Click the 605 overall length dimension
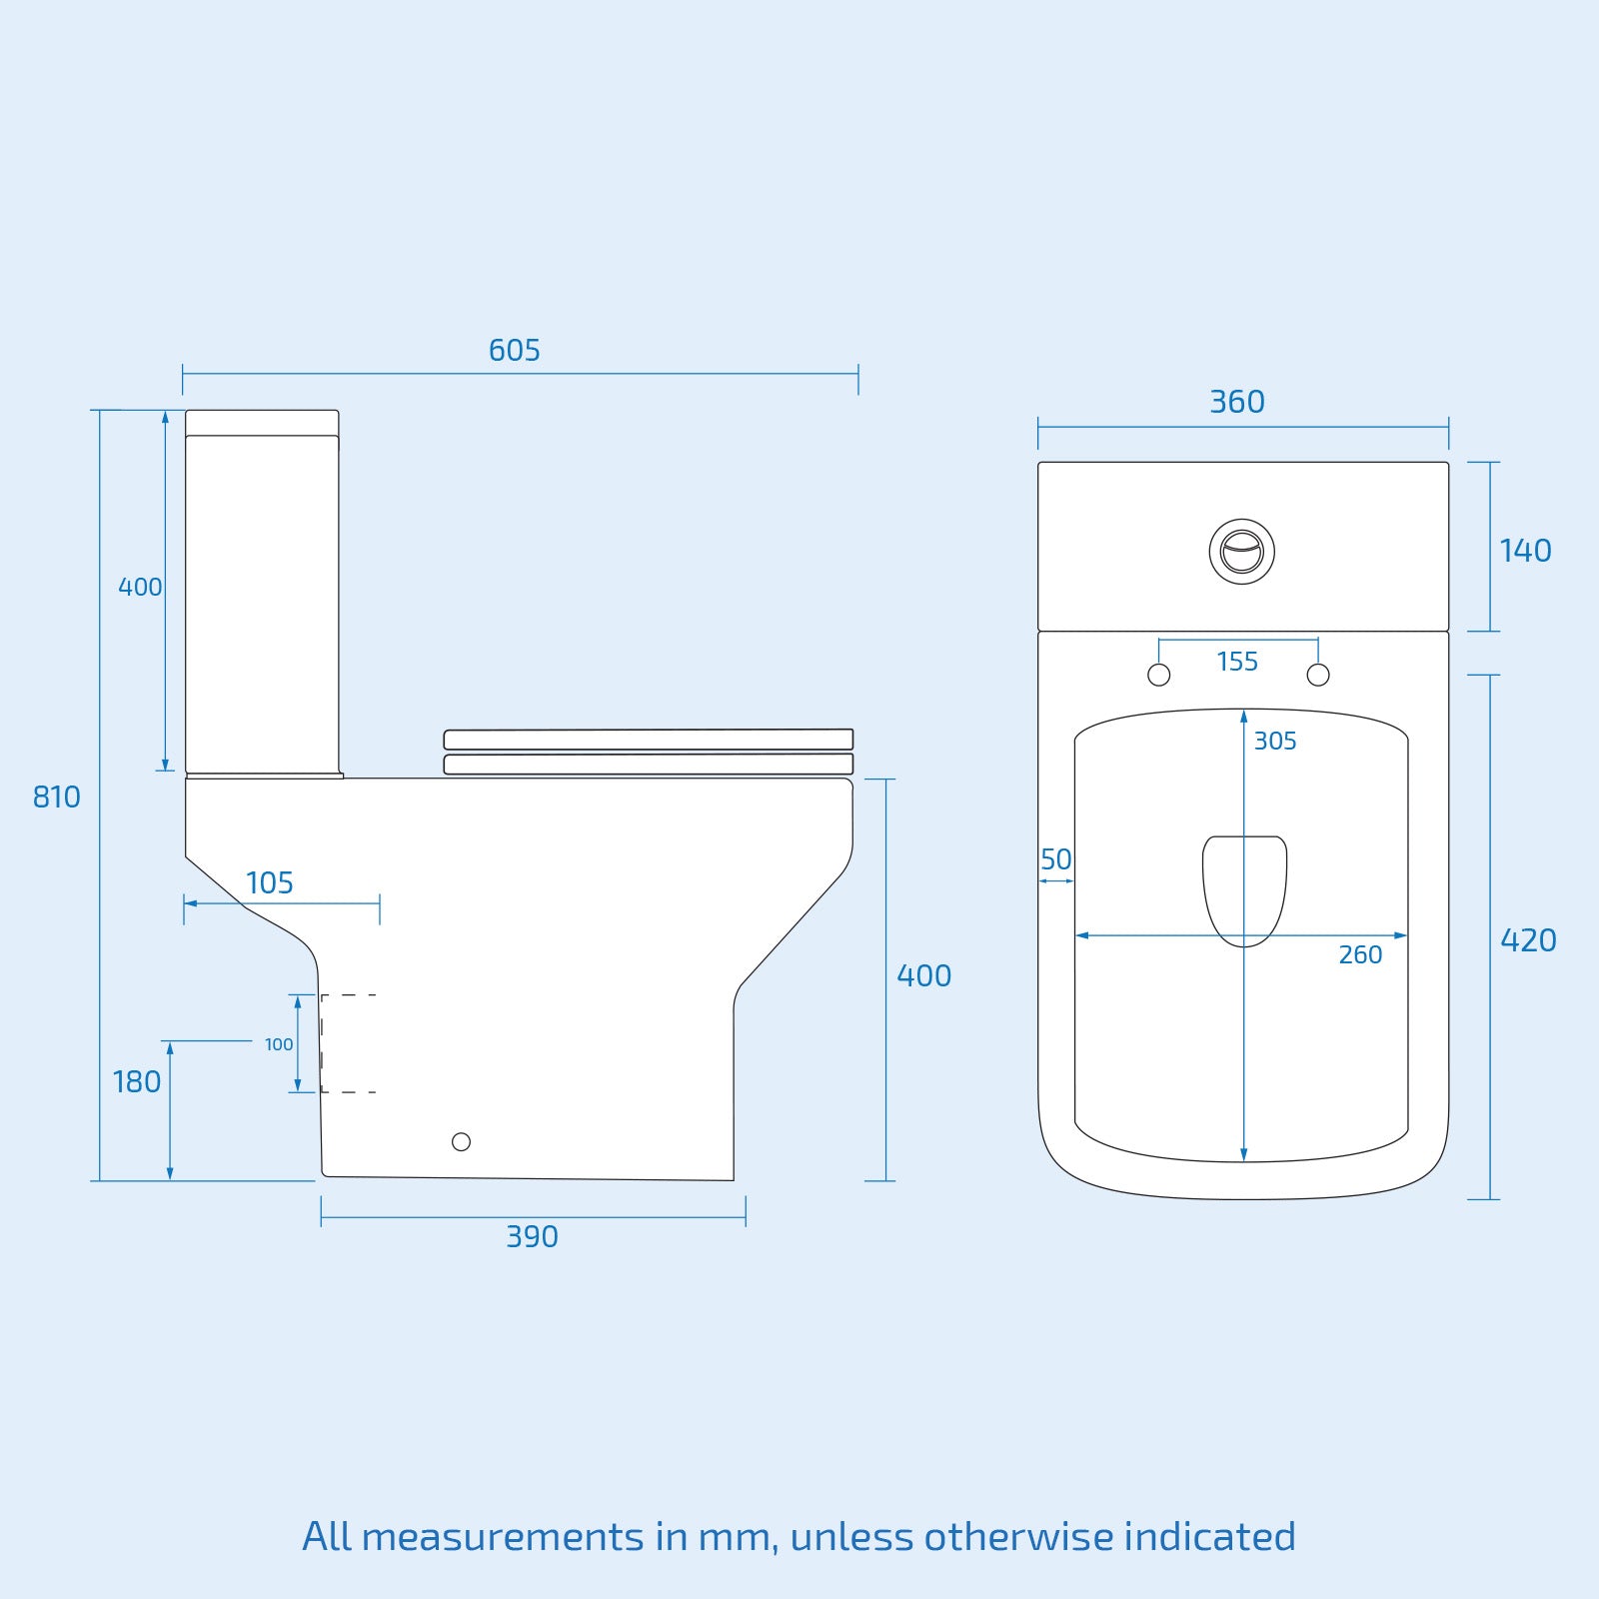pos(514,351)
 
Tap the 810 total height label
pos(56,798)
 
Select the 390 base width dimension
pos(532,1237)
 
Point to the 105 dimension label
pos(269,883)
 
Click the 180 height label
pos(137,1082)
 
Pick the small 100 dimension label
pos(279,1044)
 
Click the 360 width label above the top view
pos(1237,403)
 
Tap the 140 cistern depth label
pos(1525,551)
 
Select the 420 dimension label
pos(1528,940)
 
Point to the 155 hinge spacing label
pos(1237,662)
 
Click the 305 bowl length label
pos(1275,742)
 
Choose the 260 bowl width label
pos(1360,955)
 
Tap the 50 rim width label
pos(1055,859)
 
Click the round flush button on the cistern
pos(1242,552)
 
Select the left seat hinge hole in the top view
pos(1159,675)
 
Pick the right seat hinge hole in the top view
pos(1318,675)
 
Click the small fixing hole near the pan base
pos(461,1141)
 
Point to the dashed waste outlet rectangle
pos(348,1043)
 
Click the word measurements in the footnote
pos(503,1537)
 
